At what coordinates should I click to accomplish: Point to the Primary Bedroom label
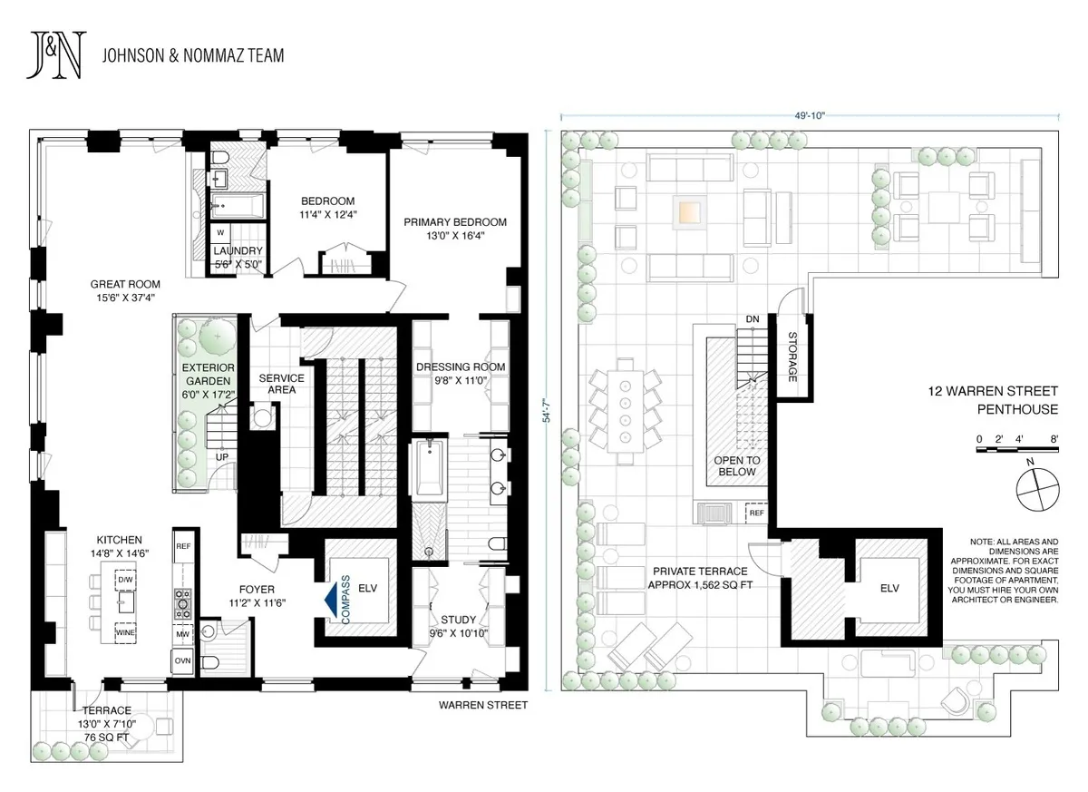455,229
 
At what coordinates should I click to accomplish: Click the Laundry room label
238,258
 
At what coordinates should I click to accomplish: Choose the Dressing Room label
461,374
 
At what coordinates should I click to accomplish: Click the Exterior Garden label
204,376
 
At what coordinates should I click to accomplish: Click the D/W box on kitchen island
124,579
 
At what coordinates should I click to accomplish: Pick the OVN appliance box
183,660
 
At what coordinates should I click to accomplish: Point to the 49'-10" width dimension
810,115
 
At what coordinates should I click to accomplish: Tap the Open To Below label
736,465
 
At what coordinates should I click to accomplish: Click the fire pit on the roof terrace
687,213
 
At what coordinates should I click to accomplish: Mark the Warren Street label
482,704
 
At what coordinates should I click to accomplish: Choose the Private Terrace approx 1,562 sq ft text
700,578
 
